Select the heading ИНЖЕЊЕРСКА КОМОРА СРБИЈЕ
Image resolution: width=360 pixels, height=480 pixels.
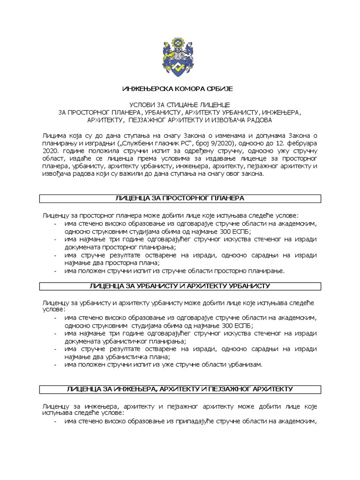tap(180, 89)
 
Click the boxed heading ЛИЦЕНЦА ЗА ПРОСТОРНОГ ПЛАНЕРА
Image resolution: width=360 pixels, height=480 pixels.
tap(180, 199)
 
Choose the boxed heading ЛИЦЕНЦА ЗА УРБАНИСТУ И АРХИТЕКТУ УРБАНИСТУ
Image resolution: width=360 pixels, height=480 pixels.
tap(180, 285)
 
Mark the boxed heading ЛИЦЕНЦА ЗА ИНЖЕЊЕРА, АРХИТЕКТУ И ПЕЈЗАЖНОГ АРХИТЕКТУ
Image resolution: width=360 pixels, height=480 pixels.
tap(180, 389)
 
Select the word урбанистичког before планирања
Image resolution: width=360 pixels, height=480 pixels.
tap(128, 341)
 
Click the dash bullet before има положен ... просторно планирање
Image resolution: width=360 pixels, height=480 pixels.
tap(55, 270)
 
